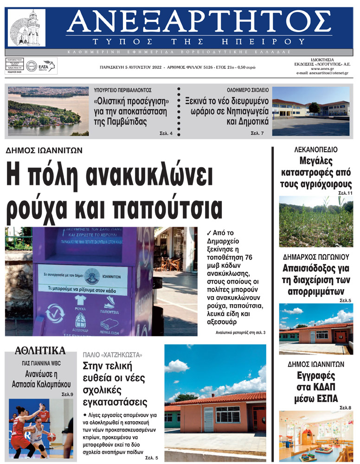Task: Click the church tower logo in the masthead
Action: pos(27,27)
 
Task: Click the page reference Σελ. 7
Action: pos(257,133)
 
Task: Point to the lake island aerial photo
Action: pos(48,111)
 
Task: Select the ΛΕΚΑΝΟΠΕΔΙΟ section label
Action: pos(315,150)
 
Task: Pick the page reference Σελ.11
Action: pos(345,192)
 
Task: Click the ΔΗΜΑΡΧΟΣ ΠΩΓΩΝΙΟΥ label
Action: pos(315,257)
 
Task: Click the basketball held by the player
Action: pos(51,437)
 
